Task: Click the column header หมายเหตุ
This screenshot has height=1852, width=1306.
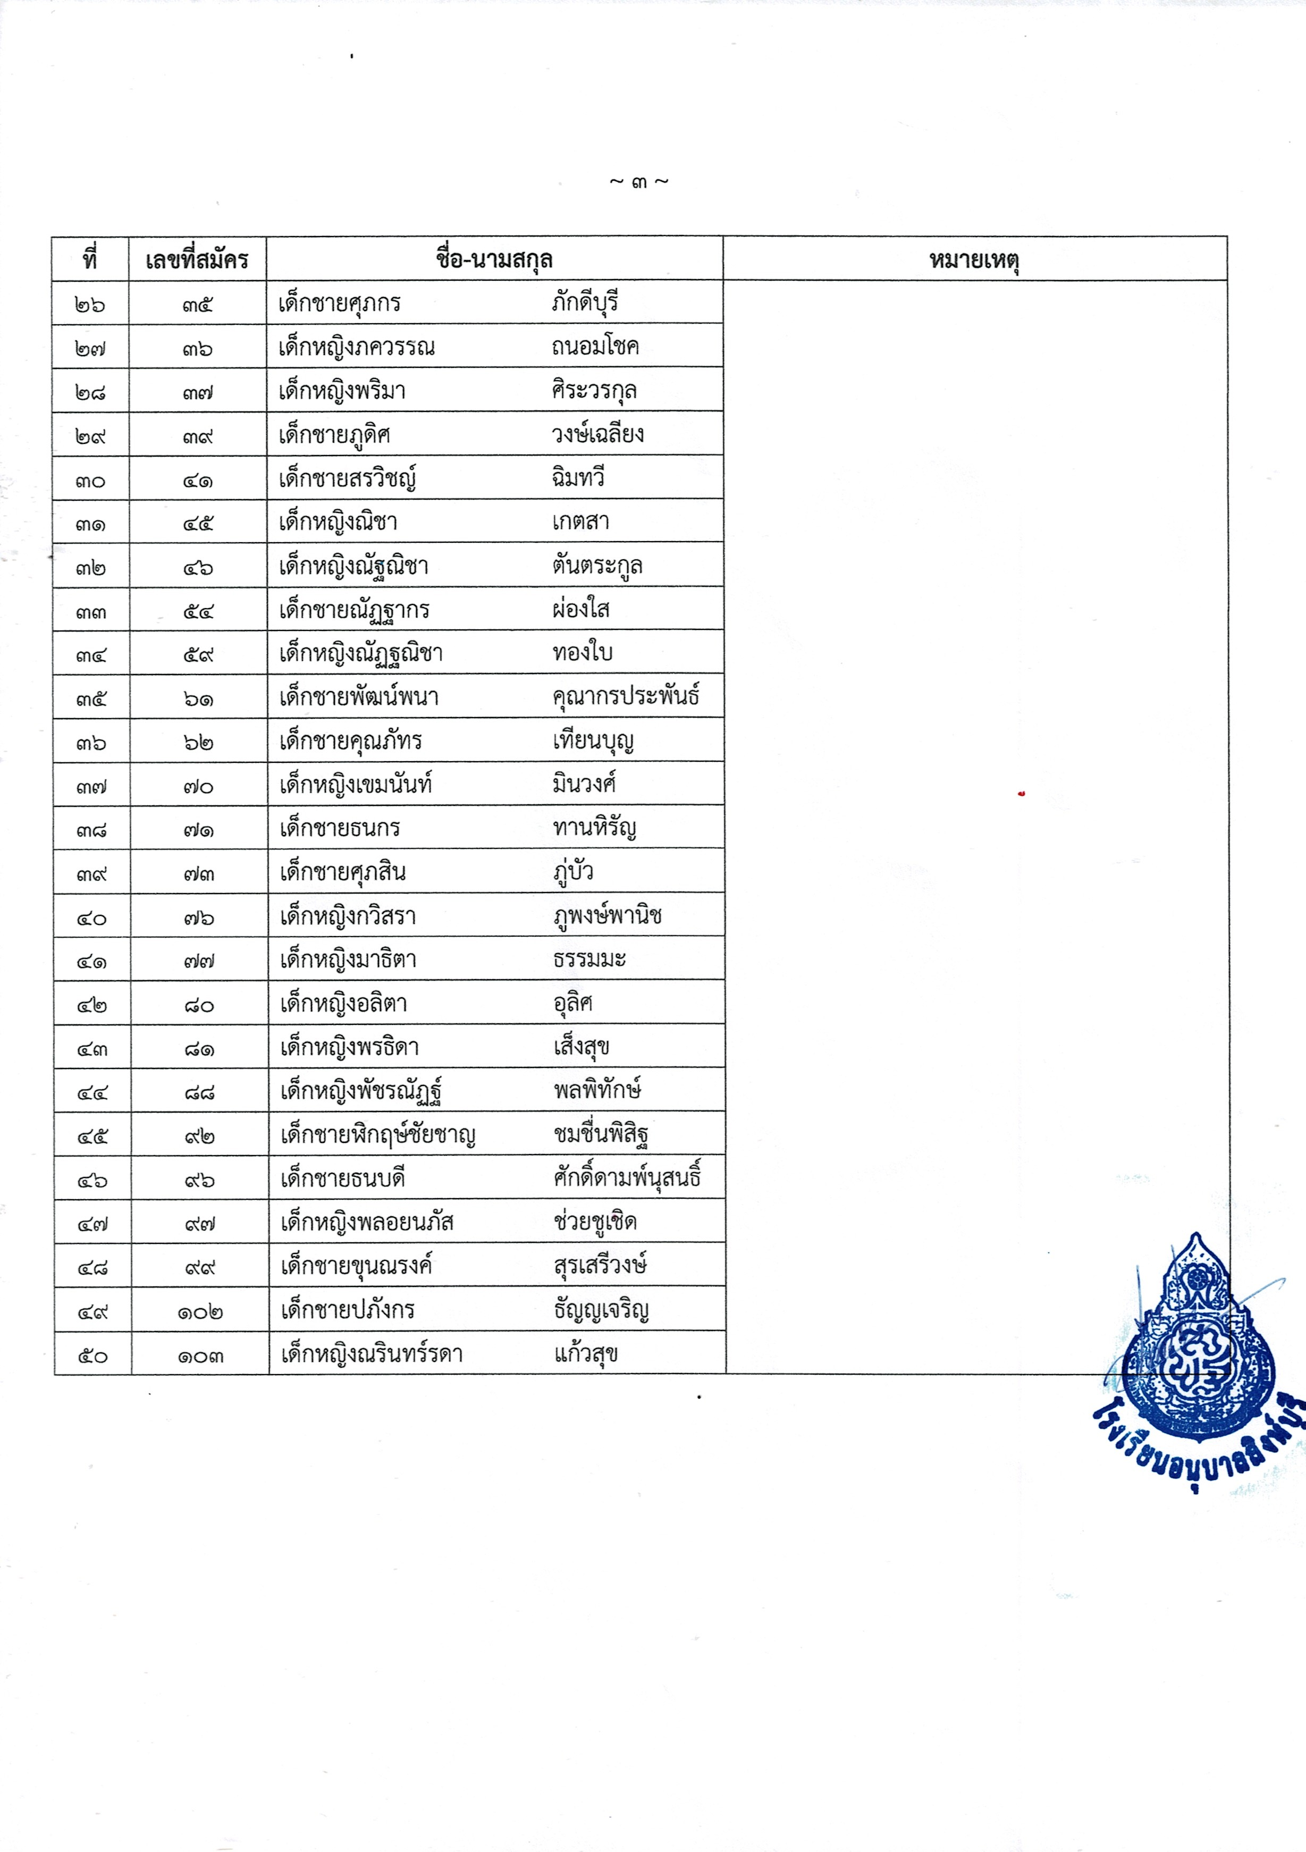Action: click(x=974, y=260)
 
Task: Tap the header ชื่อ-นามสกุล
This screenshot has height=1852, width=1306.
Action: click(x=494, y=260)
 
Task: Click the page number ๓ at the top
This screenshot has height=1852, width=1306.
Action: click(x=639, y=183)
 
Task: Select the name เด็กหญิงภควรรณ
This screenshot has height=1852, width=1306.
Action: click(x=357, y=348)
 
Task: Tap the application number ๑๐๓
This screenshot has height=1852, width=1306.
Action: click(x=200, y=1357)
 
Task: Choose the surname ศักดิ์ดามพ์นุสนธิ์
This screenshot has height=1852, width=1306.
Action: click(x=627, y=1178)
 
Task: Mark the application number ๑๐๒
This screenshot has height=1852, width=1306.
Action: click(x=200, y=1312)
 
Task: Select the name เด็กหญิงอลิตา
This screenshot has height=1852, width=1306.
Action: click(x=343, y=1004)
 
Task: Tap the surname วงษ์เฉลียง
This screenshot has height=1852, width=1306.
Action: click(x=598, y=435)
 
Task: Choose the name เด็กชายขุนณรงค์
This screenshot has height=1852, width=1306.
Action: click(x=356, y=1266)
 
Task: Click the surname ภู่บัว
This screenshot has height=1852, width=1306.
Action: click(x=574, y=872)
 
